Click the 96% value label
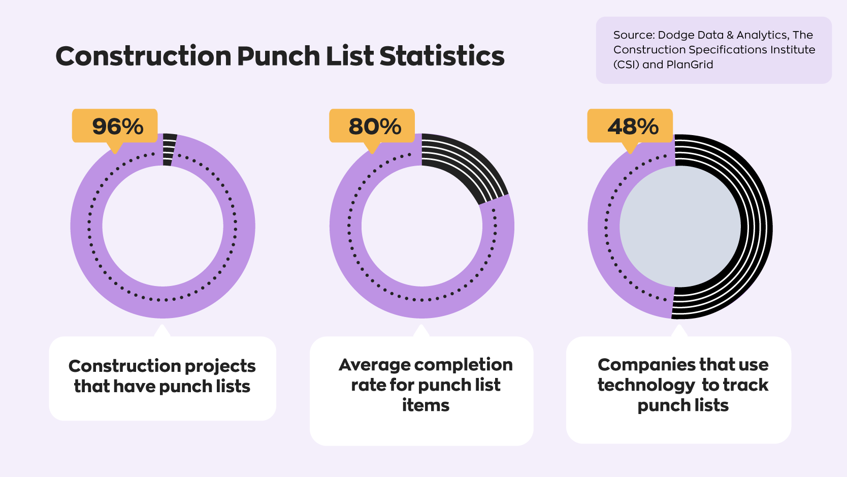[x=117, y=126]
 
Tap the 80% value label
[x=375, y=126]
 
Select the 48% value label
[x=633, y=126]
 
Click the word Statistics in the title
[x=442, y=56]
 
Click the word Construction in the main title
[x=143, y=56]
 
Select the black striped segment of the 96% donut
[x=169, y=149]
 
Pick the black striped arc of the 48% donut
[x=756, y=226]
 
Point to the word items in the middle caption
[x=426, y=405]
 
